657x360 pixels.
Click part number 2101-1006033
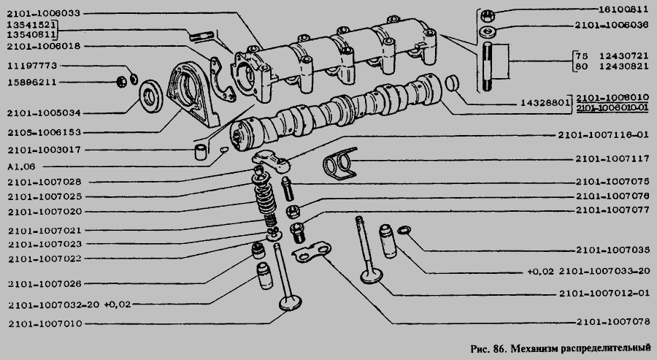44,13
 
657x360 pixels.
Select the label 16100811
623,9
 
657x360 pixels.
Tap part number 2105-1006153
45,132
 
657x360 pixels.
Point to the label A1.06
21,166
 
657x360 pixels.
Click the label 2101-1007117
612,159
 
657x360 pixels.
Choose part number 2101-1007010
45,323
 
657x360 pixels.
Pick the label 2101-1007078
613,321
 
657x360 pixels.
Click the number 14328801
545,103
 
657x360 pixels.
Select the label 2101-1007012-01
604,294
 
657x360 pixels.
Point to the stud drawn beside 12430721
489,66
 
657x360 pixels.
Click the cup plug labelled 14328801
452,83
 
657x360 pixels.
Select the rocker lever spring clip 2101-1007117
339,164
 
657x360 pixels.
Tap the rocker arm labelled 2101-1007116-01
271,162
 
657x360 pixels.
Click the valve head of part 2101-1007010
291,303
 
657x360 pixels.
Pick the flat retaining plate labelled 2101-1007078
312,251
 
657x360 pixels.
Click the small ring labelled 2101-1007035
404,230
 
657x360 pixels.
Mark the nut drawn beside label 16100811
488,16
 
